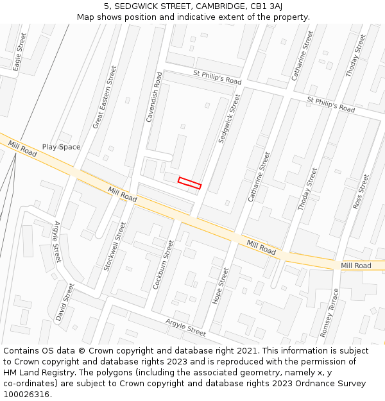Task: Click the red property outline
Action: tap(189, 183)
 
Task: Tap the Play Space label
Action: tap(62, 147)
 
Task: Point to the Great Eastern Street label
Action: tap(105, 97)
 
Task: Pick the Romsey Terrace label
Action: tap(329, 312)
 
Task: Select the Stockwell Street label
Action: tap(116, 246)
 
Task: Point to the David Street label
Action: tap(65, 303)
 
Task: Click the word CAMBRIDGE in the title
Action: tap(218, 6)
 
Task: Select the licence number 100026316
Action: tap(26, 394)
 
